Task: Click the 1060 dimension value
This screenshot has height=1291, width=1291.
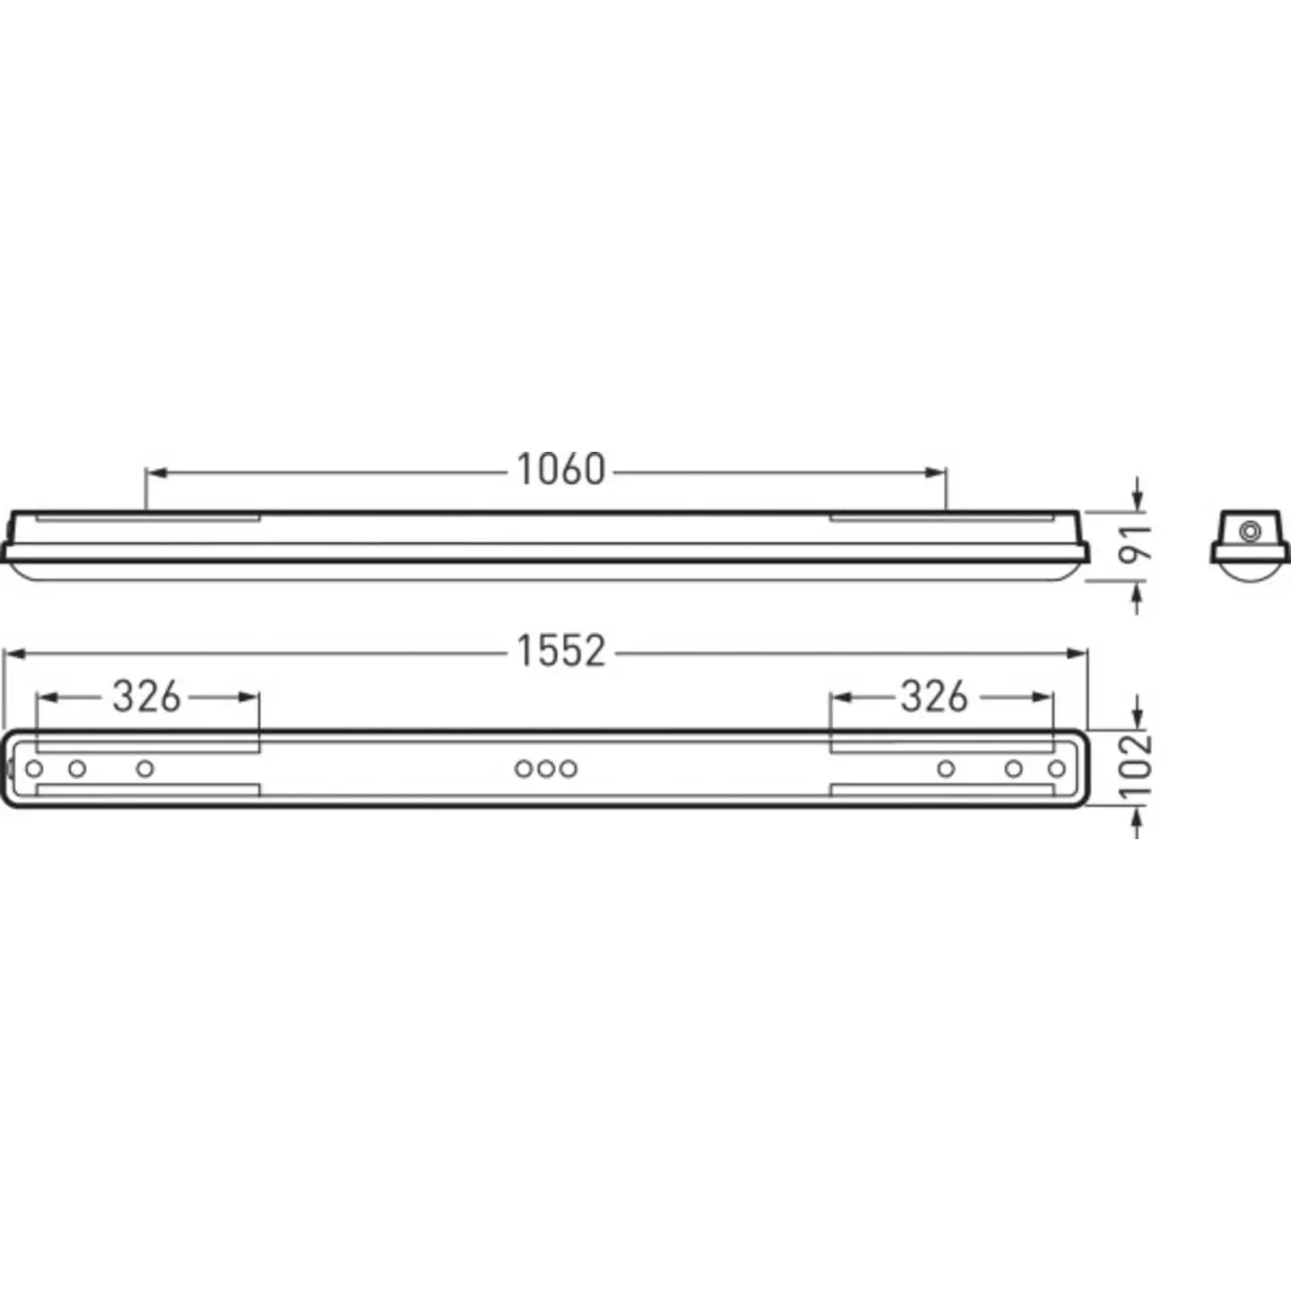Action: pyautogui.click(x=561, y=470)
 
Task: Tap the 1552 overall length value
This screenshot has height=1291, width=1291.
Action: pyautogui.click(x=561, y=651)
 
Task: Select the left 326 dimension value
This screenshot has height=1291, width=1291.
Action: pyautogui.click(x=147, y=697)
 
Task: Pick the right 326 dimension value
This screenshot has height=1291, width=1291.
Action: pyautogui.click(x=934, y=697)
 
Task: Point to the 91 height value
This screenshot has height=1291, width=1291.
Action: pyautogui.click(x=1137, y=543)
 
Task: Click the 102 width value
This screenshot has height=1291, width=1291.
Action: pyautogui.click(x=1137, y=767)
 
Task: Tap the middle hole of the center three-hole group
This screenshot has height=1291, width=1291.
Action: pyautogui.click(x=545, y=768)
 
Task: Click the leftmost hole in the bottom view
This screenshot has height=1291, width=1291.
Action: pyautogui.click(x=34, y=768)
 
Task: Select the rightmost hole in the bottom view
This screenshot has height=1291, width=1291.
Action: pyautogui.click(x=1057, y=768)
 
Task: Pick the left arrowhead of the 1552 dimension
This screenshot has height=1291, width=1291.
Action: pyautogui.click(x=13, y=654)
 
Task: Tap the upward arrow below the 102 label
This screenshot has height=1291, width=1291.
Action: pyautogui.click(x=1137, y=817)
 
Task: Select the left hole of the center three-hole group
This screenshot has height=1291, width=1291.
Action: pyautogui.click(x=524, y=768)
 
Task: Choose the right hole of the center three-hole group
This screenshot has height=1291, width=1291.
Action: pyautogui.click(x=568, y=768)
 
